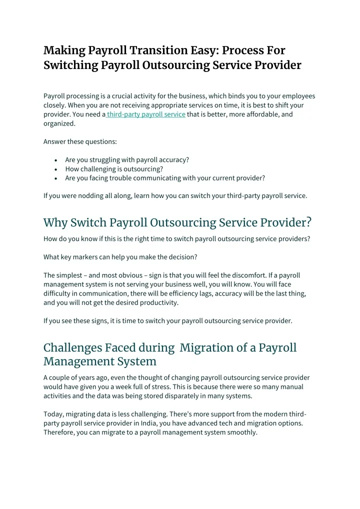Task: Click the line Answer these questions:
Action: [80, 141]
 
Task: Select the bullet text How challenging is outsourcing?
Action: [114, 169]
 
